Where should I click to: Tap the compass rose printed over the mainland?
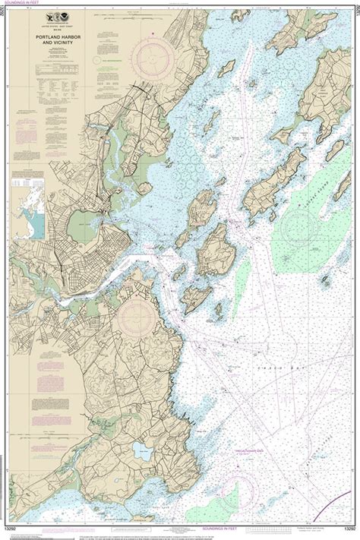pyautogui.click(x=136, y=311)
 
